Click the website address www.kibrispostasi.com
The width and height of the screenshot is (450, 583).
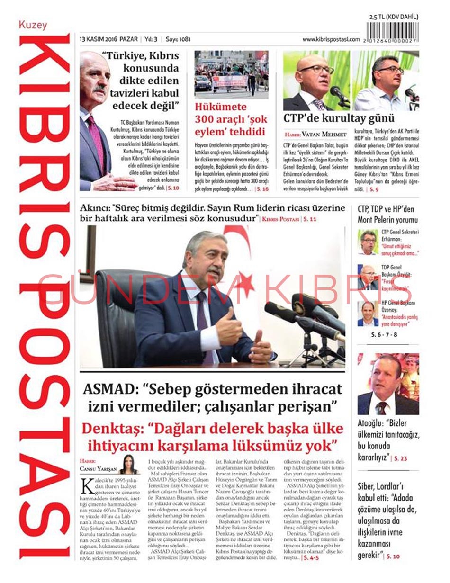click(x=331, y=39)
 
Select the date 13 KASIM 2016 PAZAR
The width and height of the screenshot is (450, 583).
click(x=108, y=39)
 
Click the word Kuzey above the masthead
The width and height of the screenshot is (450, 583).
click(x=33, y=25)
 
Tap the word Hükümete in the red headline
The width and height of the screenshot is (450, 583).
click(x=221, y=107)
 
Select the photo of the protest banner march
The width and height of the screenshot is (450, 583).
click(x=231, y=74)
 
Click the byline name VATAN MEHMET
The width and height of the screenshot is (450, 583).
click(x=327, y=134)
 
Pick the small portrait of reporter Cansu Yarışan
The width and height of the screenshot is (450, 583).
click(x=129, y=464)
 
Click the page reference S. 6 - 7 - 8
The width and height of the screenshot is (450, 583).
click(x=384, y=334)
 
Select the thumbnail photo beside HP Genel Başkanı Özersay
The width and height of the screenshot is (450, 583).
click(x=368, y=314)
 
